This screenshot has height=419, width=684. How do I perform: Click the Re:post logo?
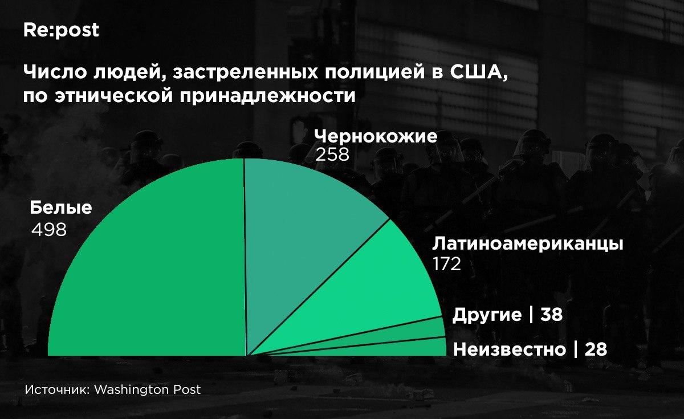point(61,30)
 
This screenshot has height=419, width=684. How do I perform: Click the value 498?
point(49,230)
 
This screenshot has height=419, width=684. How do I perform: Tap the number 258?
point(332,154)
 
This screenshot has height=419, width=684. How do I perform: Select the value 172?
point(447,263)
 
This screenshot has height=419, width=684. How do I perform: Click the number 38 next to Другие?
point(551,314)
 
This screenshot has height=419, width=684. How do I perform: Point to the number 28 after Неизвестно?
point(596,349)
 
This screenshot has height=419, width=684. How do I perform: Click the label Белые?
point(61,208)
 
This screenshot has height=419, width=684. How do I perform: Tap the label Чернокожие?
point(376,136)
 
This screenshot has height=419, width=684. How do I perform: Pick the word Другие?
point(487,315)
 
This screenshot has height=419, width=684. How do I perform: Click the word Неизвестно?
point(510,349)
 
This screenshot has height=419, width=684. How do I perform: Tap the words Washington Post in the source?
point(148,390)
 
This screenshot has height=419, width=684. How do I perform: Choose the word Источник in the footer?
point(58,390)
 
